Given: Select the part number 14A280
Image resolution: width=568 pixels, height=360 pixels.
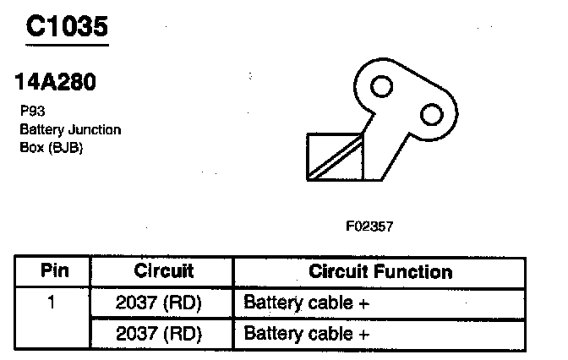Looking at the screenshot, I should [55, 84].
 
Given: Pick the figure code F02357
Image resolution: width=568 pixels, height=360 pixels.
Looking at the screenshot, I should [369, 226].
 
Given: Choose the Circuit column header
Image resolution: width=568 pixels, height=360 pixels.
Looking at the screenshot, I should [163, 271].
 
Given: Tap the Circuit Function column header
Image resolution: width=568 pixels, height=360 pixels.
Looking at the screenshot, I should [380, 271].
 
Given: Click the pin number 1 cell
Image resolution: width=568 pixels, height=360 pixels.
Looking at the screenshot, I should [52, 302].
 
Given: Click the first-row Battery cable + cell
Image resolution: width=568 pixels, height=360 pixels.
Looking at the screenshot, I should [307, 302].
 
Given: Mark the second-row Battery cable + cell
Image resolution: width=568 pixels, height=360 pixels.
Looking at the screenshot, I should [307, 333].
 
